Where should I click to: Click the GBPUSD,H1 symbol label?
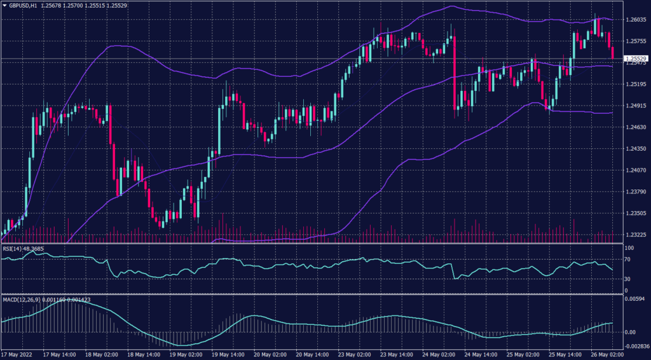(x=24, y=4)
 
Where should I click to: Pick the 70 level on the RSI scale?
(x=627, y=260)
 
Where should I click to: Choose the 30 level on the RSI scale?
(x=627, y=279)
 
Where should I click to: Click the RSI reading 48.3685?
(x=34, y=248)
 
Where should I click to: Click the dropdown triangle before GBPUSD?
(x=4, y=4)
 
